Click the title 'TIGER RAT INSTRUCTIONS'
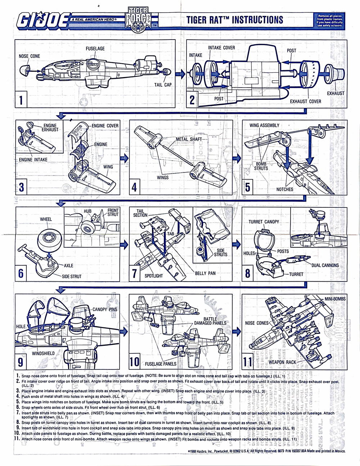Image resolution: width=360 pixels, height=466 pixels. tap(235, 20)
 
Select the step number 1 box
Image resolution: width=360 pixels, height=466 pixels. tap(21, 99)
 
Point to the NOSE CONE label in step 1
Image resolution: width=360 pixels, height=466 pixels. tap(30, 56)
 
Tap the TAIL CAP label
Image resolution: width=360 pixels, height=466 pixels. tap(163, 85)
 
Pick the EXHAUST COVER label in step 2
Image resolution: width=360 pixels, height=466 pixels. tap(305, 101)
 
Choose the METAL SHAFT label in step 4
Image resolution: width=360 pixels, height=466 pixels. tap(189, 139)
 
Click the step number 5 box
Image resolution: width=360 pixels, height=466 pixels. tap(248, 187)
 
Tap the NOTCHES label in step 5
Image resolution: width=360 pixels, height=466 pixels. tap(285, 189)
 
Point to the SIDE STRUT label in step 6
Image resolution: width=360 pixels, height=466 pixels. tap(72, 276)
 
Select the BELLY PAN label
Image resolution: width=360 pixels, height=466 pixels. tap(205, 273)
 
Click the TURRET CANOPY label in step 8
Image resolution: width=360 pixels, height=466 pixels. tap(264, 221)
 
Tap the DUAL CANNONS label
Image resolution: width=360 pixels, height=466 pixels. tap(325, 265)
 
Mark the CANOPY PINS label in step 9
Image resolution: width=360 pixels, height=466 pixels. tap(105, 309)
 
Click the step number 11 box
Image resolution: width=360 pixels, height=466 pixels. tap(248, 361)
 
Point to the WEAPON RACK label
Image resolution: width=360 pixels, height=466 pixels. tap(282, 362)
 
